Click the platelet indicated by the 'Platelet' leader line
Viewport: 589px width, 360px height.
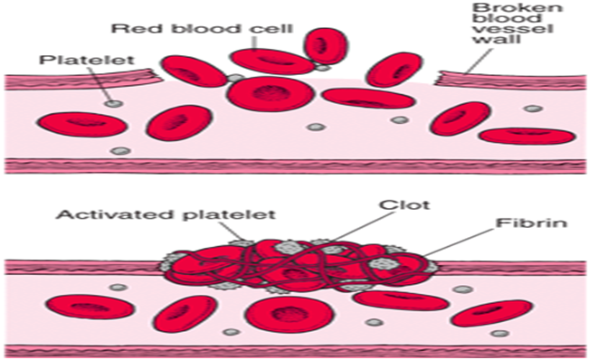point(113,103)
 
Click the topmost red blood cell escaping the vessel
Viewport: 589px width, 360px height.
point(323,47)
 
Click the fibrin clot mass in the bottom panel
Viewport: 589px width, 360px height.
point(299,265)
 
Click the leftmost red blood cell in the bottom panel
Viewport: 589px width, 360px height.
point(81,306)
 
